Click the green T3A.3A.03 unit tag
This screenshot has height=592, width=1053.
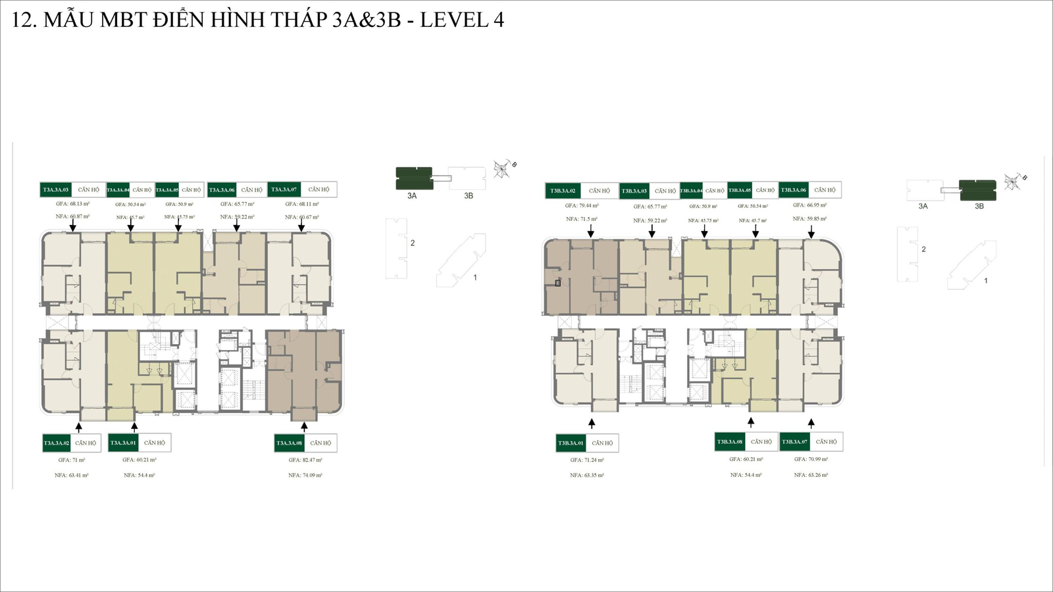tap(56, 189)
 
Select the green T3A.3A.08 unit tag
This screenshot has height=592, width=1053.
tap(290, 443)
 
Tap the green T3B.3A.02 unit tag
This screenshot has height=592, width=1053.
tap(563, 191)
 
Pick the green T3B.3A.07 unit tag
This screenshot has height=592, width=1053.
tap(794, 441)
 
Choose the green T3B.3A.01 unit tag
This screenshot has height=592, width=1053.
tap(571, 443)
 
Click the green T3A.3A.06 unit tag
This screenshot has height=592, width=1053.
tap(222, 189)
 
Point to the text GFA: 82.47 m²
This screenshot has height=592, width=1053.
tap(305, 460)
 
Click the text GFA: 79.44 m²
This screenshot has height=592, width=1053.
tap(582, 205)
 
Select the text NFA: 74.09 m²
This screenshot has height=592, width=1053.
tap(305, 475)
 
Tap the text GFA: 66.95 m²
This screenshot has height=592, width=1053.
tap(809, 205)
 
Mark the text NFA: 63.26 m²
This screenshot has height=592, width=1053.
tap(811, 474)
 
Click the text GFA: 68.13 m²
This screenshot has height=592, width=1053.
tap(72, 204)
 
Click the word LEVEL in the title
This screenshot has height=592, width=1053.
tap(454, 20)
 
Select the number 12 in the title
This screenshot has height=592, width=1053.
tap(22, 20)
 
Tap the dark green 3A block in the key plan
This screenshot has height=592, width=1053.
tap(414, 178)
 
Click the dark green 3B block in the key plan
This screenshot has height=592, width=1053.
tap(978, 190)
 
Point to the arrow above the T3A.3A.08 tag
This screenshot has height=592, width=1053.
tap(304, 426)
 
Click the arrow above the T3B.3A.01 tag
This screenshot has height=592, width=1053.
tap(592, 423)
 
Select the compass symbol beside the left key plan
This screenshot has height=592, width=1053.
tap(503, 169)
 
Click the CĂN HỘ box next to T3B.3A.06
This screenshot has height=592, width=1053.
tap(825, 190)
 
